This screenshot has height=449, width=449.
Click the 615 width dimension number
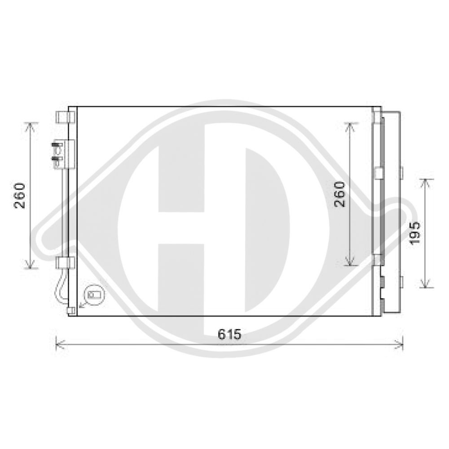[230, 334]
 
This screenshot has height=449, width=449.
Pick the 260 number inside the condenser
[340, 194]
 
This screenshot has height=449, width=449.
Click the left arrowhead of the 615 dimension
[57, 344]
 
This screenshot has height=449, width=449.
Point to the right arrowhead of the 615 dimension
[401, 344]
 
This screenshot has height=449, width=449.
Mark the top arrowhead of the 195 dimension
[426, 180]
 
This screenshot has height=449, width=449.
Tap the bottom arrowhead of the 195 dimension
[426, 285]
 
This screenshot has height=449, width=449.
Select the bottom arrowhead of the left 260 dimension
[30, 267]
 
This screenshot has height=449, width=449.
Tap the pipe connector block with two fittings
[62, 154]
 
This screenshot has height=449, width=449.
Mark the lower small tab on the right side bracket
[401, 282]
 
